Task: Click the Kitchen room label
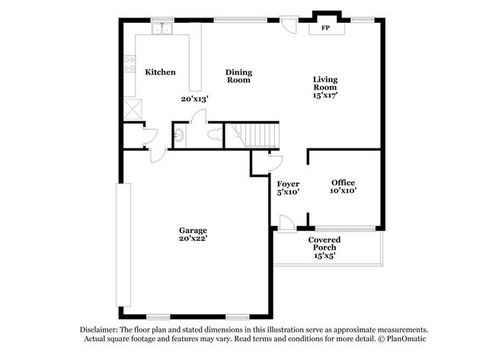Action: click(161, 72)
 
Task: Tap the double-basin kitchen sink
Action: click(162, 30)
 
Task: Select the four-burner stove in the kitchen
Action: click(130, 64)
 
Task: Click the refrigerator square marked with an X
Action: click(131, 107)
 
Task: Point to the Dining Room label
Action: click(238, 76)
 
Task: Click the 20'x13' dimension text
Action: click(195, 99)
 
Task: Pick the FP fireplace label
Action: click(325, 28)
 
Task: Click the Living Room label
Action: click(325, 83)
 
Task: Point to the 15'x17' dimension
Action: click(325, 95)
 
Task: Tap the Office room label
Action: click(343, 183)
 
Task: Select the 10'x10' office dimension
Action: click(343, 191)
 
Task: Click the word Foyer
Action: click(288, 184)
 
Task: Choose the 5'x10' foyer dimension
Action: click(288, 193)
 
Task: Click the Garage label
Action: click(193, 230)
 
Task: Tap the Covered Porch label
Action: click(324, 244)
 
